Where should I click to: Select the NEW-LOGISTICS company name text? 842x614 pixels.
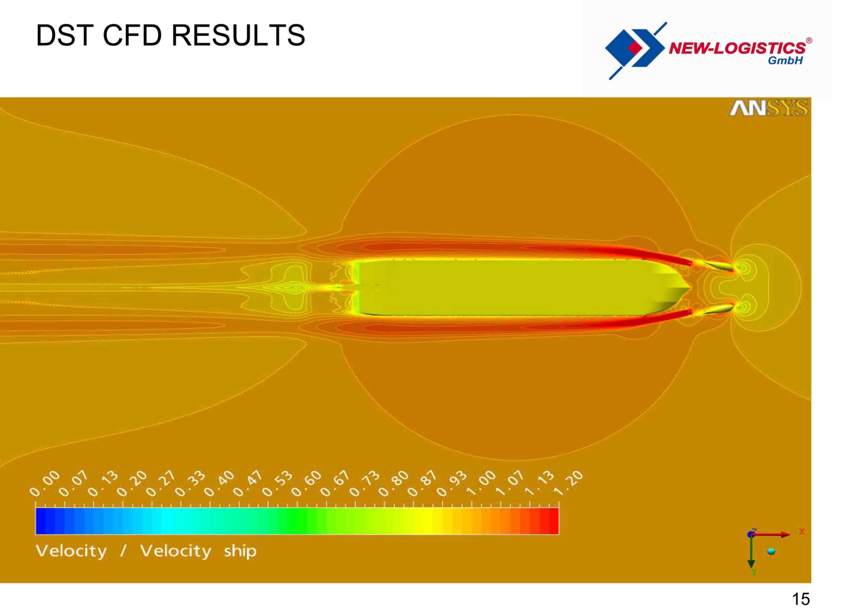737,48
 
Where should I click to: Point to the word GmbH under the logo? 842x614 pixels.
786,61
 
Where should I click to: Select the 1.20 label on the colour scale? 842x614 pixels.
569,484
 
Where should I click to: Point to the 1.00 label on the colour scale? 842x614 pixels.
481,484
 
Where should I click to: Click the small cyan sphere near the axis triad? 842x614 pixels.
772,552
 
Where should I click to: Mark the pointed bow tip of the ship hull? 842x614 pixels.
691,288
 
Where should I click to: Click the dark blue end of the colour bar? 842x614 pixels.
41,521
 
